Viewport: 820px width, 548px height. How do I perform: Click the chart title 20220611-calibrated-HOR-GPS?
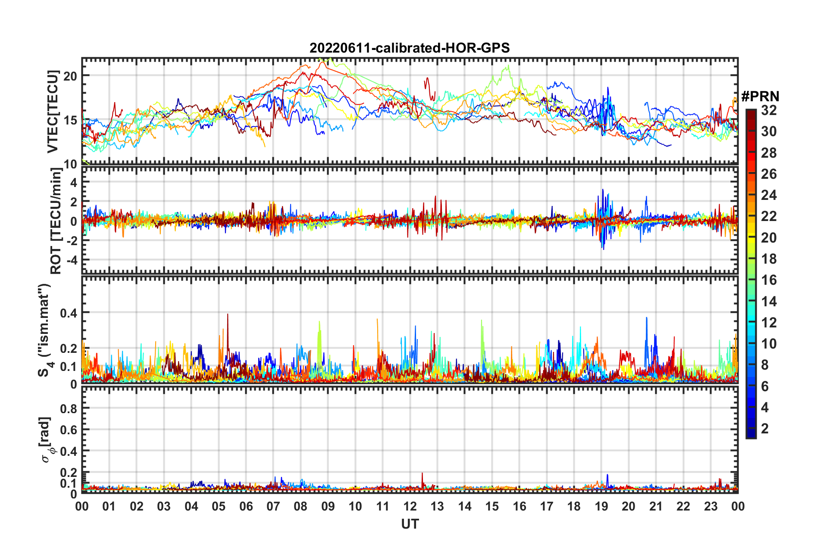pyautogui.click(x=410, y=48)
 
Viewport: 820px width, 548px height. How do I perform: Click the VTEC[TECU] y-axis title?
pyautogui.click(x=53, y=112)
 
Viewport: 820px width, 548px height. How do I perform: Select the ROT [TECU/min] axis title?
pyautogui.click(x=56, y=221)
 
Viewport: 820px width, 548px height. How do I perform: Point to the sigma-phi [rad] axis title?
pyautogui.click(x=47, y=440)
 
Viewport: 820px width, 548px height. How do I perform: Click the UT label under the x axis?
pyautogui.click(x=410, y=524)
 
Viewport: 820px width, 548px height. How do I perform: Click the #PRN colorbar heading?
pyautogui.click(x=760, y=96)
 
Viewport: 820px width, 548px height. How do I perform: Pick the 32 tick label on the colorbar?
pyautogui.click(x=769, y=110)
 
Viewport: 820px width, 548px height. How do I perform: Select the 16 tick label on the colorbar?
pyautogui.click(x=769, y=280)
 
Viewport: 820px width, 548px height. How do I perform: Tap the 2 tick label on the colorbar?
pyautogui.click(x=765, y=428)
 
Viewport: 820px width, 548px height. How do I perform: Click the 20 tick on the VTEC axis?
pyautogui.click(x=70, y=76)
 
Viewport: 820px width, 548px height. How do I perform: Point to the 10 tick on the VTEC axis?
pyautogui.click(x=70, y=164)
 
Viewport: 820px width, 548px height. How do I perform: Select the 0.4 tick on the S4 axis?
pyautogui.click(x=68, y=313)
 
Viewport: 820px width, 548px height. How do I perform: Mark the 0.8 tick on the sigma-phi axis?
pyautogui.click(x=68, y=408)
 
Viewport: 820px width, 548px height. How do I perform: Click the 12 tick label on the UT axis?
pyautogui.click(x=410, y=506)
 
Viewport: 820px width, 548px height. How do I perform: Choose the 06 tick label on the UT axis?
pyautogui.click(x=246, y=506)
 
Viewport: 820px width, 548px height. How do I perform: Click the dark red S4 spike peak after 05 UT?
pyautogui.click(x=227, y=314)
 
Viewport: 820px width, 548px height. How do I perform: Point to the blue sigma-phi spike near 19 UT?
pyautogui.click(x=607, y=475)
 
